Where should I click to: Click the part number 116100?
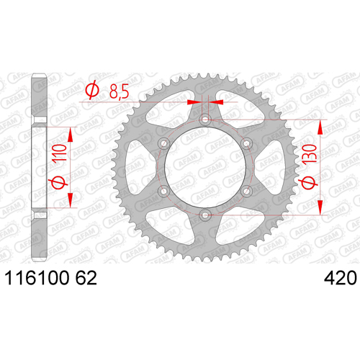37,278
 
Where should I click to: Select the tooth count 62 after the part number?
86,278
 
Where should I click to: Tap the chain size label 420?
341,278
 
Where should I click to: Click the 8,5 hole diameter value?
120,91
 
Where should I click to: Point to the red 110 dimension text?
60,153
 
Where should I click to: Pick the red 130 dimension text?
310,155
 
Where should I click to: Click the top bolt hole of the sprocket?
205,120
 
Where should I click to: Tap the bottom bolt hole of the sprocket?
205,215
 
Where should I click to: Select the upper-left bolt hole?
164,143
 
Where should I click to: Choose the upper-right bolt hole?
246,143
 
